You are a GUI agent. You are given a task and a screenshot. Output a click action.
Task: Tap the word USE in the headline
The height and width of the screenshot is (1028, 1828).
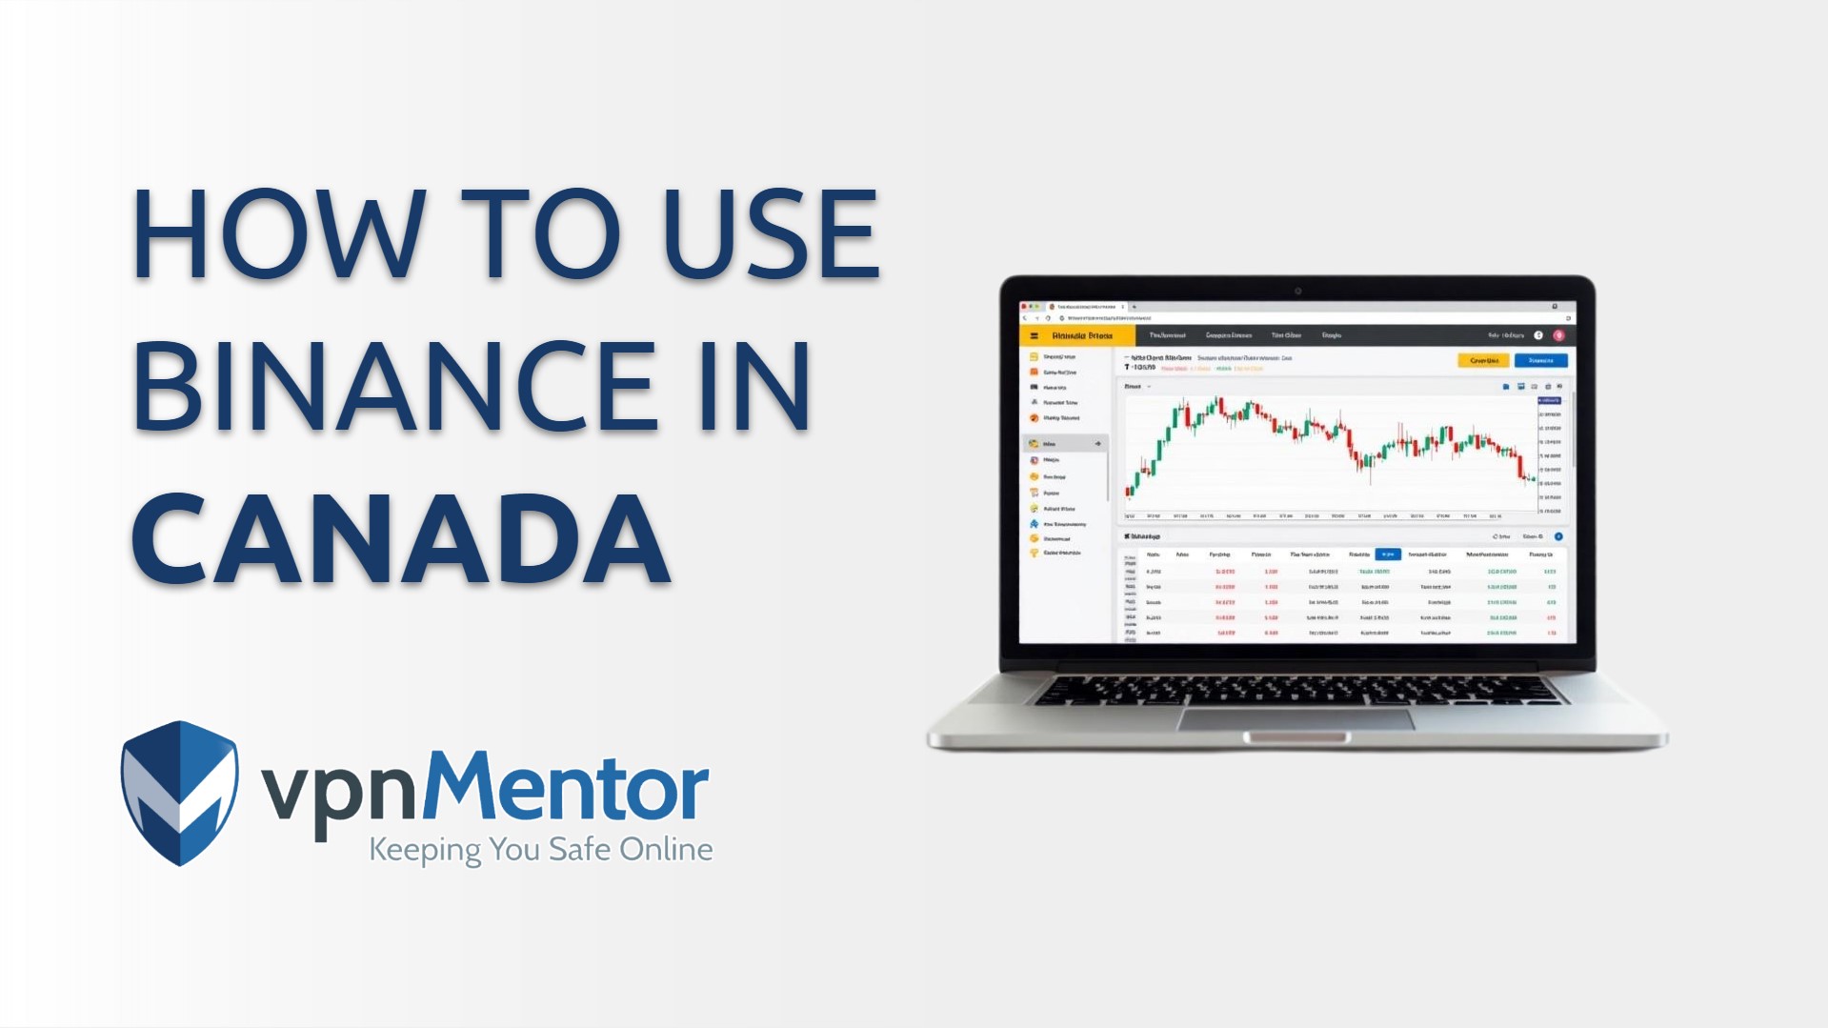pyautogui.click(x=770, y=234)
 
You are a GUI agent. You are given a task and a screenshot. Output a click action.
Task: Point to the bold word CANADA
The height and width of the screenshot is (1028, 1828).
pyautogui.click(x=400, y=539)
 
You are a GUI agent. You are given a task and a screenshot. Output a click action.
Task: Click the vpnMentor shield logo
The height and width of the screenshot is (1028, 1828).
pyautogui.click(x=179, y=793)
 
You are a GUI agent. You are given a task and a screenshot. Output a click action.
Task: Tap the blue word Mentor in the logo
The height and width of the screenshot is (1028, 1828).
pyautogui.click(x=566, y=787)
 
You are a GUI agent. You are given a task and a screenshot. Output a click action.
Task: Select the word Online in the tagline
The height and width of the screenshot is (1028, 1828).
pyautogui.click(x=666, y=849)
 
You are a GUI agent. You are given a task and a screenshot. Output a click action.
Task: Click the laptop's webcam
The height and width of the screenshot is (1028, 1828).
pyautogui.click(x=1297, y=291)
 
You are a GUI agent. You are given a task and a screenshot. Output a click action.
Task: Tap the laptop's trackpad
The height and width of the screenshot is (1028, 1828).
pyautogui.click(x=1296, y=719)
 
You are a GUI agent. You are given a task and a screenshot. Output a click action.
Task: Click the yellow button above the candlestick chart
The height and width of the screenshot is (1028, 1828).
pyautogui.click(x=1483, y=360)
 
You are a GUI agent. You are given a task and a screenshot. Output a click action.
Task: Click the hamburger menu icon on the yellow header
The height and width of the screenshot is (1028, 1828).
pyautogui.click(x=1034, y=335)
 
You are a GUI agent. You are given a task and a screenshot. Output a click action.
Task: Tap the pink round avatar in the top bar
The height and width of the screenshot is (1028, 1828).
pyautogui.click(x=1558, y=335)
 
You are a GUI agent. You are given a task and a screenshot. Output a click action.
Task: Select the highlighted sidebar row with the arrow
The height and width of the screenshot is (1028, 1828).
pyautogui.click(x=1065, y=444)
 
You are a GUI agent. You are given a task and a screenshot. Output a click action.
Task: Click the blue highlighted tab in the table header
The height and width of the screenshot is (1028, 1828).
pyautogui.click(x=1388, y=554)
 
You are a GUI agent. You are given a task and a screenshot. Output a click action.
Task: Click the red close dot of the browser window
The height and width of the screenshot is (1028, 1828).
pyautogui.click(x=1023, y=307)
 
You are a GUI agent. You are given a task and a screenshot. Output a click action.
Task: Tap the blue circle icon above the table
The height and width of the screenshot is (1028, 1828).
pyautogui.click(x=1558, y=536)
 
